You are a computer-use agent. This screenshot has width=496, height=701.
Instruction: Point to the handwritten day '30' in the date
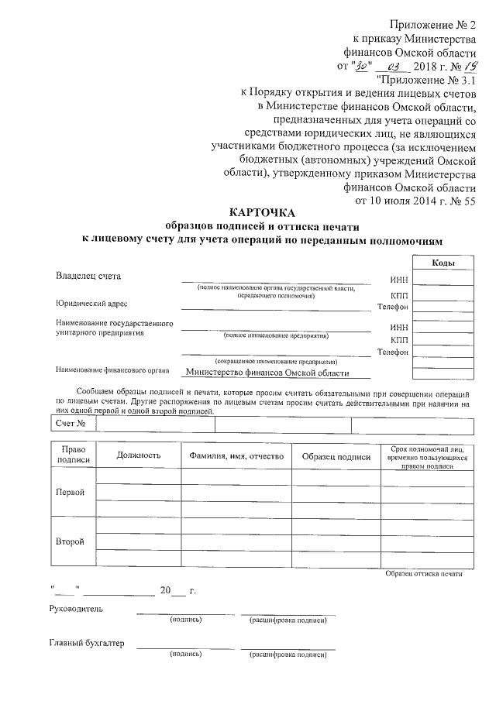363,66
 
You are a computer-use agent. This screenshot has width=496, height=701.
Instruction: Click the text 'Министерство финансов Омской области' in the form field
268,373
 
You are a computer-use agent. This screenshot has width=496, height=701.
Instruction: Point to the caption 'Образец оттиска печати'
423,573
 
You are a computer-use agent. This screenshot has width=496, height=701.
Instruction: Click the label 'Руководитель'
75,609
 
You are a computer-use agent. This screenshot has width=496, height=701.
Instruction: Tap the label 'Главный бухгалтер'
86,644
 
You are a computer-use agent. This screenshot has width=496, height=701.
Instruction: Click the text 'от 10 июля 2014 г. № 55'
414,201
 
